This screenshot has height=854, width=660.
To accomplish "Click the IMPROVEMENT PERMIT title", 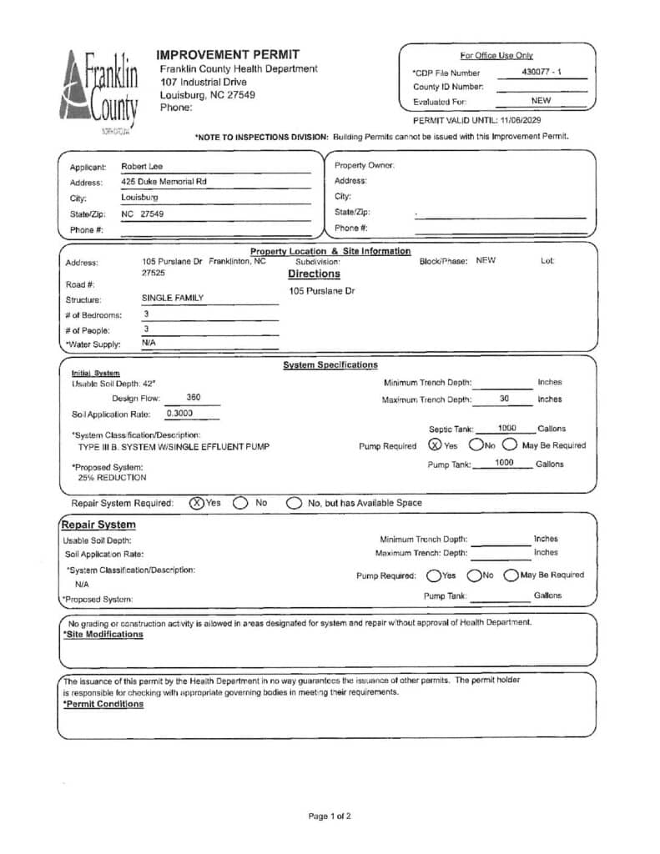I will (x=217, y=54).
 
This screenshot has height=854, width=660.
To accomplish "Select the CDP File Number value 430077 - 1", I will (x=541, y=72).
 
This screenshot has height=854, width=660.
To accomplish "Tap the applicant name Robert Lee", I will (x=142, y=166).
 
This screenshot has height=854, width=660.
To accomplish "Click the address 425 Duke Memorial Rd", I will (x=164, y=182).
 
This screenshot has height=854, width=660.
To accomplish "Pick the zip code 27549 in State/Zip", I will (x=152, y=213).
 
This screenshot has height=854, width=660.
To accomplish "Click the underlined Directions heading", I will (x=314, y=274).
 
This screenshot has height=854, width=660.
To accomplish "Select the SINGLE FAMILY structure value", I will (x=172, y=298).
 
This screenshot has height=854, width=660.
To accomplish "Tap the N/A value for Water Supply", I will (x=149, y=343).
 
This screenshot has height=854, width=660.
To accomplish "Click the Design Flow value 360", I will (x=193, y=398).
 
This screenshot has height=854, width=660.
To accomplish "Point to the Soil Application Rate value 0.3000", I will (x=179, y=413).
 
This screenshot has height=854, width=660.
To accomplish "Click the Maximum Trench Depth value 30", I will (x=504, y=399).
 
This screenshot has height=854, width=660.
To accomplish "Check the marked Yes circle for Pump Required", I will (x=435, y=445).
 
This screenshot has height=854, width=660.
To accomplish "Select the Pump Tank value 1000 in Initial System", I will (x=504, y=463).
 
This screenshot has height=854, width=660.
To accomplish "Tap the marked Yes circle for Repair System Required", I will (x=196, y=503).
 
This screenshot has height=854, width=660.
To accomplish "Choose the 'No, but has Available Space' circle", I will (x=294, y=503).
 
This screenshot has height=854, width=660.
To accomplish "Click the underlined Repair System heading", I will (x=99, y=525).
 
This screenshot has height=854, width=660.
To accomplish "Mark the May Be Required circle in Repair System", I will (x=511, y=575).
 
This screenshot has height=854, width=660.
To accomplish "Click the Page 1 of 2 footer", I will (x=330, y=816).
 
